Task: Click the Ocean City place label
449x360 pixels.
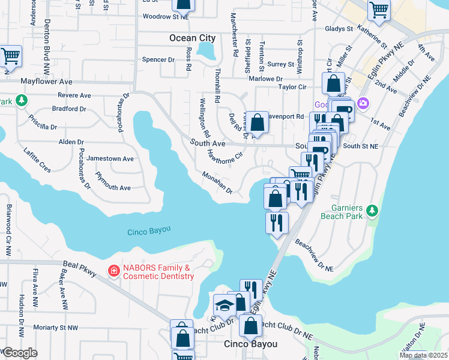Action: pyautogui.click(x=192, y=38)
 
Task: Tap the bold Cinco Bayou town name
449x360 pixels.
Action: pyautogui.click(x=250, y=344)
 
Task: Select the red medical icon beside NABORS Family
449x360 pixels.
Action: pyautogui.click(x=112, y=272)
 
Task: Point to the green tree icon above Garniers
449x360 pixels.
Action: pyautogui.click(x=372, y=211)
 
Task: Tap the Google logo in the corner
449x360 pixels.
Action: pyautogui.click(x=20, y=352)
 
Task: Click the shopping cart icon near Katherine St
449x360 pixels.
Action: pyautogui.click(x=379, y=9)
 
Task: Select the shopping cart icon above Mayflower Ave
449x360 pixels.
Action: pyautogui.click(x=11, y=56)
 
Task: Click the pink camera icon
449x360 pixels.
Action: pyautogui.click(x=363, y=104)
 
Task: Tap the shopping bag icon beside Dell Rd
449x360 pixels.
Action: pyautogui.click(x=257, y=123)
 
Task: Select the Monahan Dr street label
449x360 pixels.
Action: pyautogui.click(x=217, y=182)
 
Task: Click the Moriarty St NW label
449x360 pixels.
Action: pyautogui.click(x=56, y=328)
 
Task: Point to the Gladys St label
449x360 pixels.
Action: pyautogui.click(x=338, y=29)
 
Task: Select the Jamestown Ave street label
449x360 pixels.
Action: pyautogui.click(x=110, y=158)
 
